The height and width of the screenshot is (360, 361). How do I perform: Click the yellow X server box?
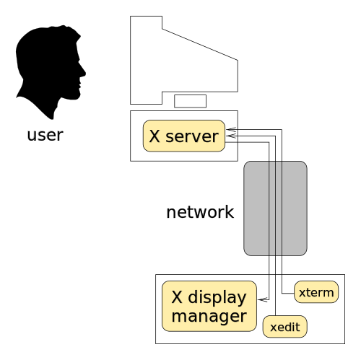point(183,136)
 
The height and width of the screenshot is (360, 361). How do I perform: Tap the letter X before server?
point(155,136)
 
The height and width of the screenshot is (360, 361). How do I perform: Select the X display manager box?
point(209,306)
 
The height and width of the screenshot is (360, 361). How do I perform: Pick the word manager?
point(209,315)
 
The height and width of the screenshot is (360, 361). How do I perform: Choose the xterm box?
point(316,292)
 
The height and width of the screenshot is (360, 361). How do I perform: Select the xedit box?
point(285,327)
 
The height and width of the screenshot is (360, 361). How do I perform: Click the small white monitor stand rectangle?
point(190,101)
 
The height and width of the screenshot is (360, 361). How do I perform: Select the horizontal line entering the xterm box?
point(288,292)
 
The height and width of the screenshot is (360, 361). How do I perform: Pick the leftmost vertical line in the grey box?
point(269,208)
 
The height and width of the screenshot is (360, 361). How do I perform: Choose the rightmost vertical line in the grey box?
point(282,208)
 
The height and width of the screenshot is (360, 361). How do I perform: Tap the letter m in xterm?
point(329,292)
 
